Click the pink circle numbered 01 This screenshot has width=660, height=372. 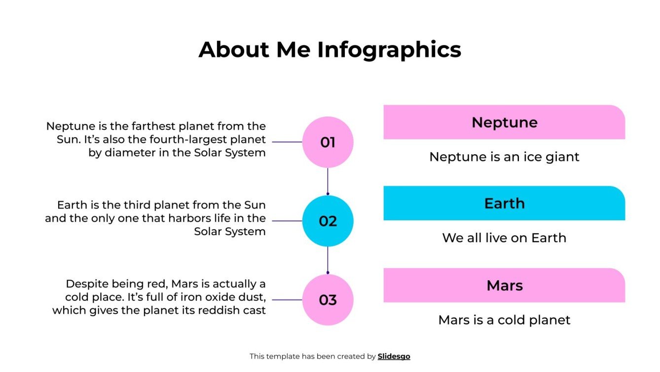coord(328,142)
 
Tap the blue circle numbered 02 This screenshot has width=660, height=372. coord(328,221)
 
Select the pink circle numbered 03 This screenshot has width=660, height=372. coord(328,300)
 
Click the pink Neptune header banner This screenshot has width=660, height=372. coord(504,122)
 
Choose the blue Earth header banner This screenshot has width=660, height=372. coord(504,203)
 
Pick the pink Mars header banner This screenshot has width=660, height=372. coord(504,285)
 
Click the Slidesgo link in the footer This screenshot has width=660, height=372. coord(394,356)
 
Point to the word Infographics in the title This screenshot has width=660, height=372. coord(389,49)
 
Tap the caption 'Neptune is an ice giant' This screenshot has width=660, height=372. coord(504,157)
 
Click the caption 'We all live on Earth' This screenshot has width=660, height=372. coord(504,238)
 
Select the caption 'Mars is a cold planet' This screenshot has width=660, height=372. coord(504,320)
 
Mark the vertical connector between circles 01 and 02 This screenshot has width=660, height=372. coord(328,181)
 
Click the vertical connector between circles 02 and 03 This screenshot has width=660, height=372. coord(328,260)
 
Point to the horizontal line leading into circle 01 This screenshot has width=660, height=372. coord(287,142)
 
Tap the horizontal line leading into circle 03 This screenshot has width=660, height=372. coord(287,300)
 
